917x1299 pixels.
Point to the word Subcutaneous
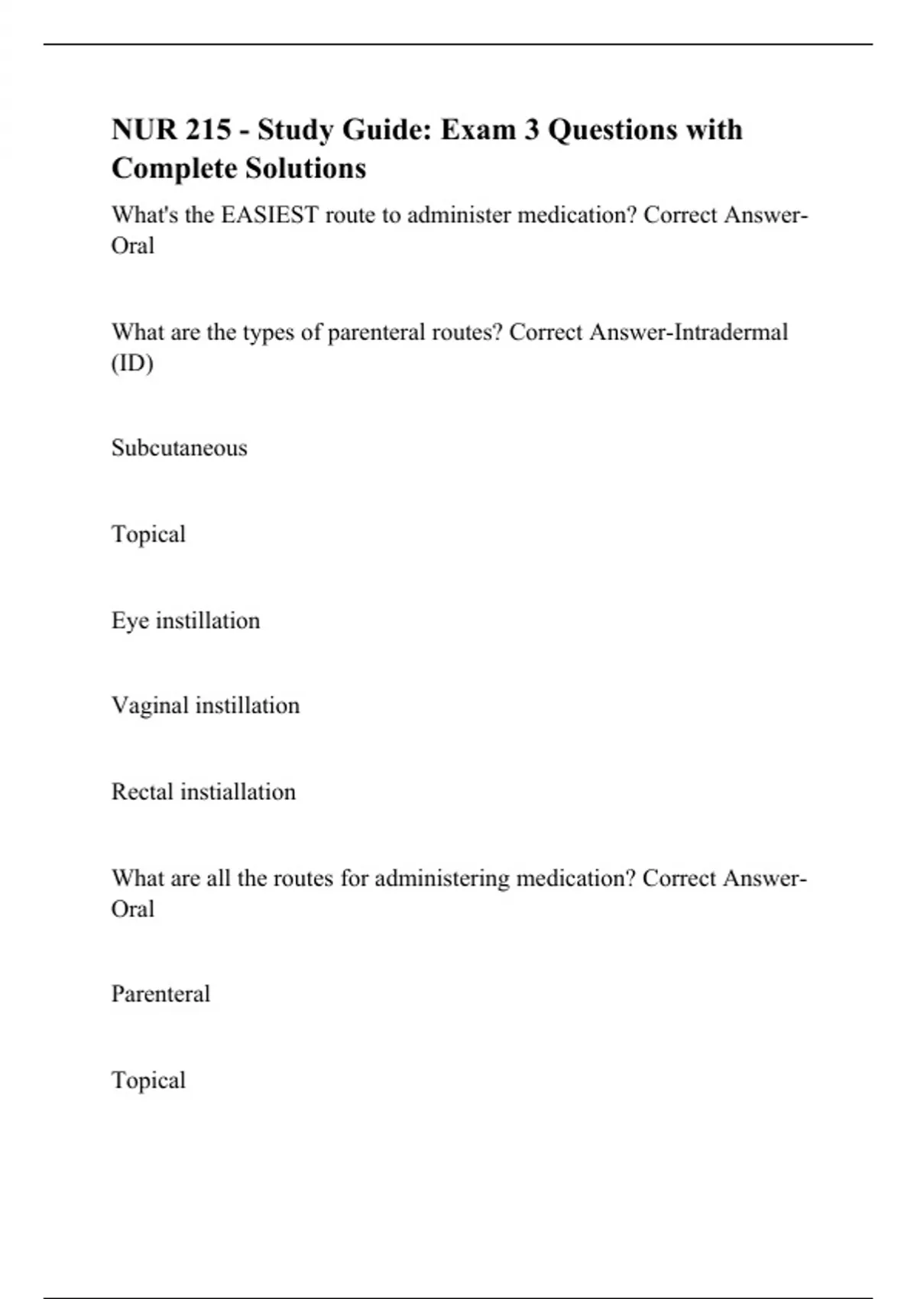[180, 448]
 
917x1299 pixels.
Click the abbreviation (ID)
[132, 364]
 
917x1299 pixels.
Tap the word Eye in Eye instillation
[130, 620]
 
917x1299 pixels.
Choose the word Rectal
[143, 792]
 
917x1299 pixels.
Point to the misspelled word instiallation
[238, 792]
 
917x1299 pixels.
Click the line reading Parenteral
[160, 994]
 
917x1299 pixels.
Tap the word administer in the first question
[458, 215]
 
